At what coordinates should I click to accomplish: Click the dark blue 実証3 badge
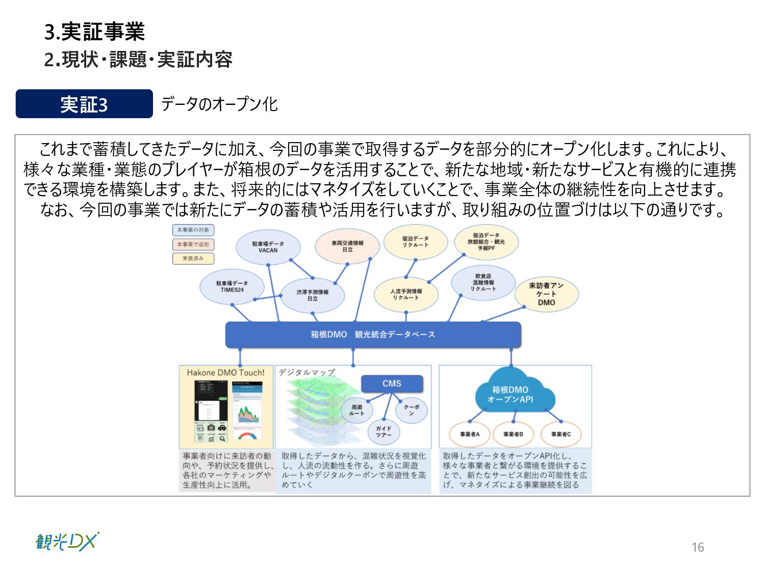[x=84, y=104]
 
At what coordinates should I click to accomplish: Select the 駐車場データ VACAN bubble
[x=268, y=247]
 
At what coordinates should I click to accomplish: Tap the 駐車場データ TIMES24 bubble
[x=232, y=287]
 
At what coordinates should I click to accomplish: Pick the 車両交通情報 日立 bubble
[x=347, y=247]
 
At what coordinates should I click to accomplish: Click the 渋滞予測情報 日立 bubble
[x=312, y=295]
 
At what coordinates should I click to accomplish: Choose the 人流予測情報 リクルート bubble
[x=406, y=294]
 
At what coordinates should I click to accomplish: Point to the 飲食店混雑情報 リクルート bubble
[x=483, y=283]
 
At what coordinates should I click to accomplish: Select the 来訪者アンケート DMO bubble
[x=546, y=294]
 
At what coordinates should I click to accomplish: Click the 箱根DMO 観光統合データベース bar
[x=373, y=335]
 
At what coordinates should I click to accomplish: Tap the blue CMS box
[x=392, y=384]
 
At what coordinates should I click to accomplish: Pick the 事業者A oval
[x=470, y=434]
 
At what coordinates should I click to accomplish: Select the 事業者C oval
[x=561, y=434]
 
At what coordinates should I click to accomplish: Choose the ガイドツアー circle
[x=384, y=431]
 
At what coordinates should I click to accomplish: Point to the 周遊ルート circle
[x=356, y=410]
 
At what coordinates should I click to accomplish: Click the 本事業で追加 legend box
[x=193, y=244]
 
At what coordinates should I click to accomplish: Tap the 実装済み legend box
[x=193, y=259]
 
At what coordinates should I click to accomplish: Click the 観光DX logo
[x=67, y=542]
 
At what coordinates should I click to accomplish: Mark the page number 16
[x=698, y=548]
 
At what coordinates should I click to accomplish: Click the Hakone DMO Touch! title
[x=225, y=373]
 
